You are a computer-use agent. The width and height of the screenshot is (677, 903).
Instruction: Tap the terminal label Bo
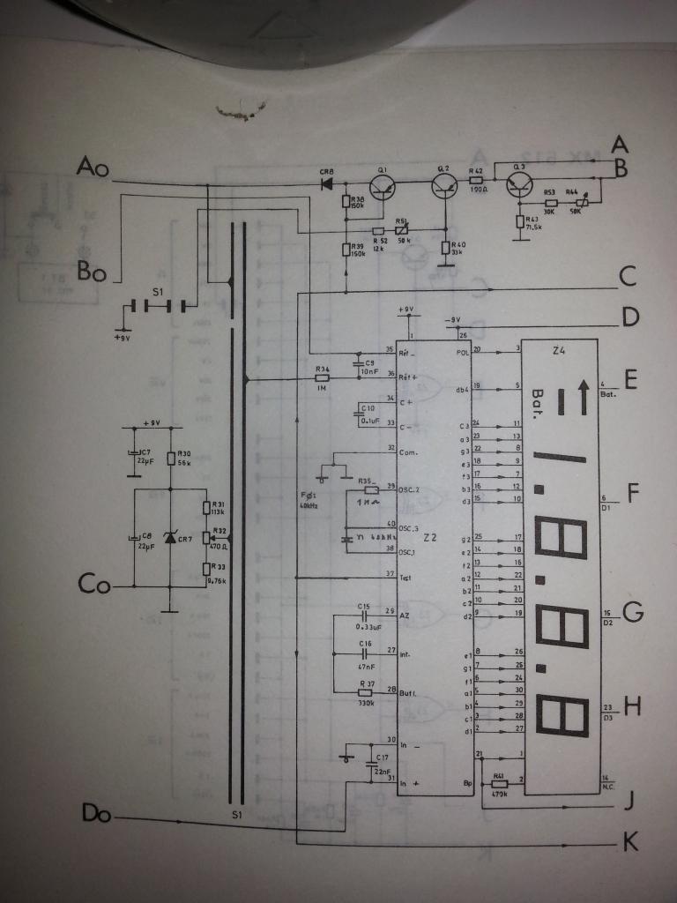click(92, 272)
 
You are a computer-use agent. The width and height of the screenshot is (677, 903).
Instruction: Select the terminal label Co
click(93, 584)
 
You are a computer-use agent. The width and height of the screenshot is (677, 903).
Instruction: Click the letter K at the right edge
click(629, 844)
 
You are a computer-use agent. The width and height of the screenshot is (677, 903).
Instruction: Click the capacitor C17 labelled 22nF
click(368, 764)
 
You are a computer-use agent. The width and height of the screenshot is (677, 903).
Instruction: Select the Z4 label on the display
click(558, 351)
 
